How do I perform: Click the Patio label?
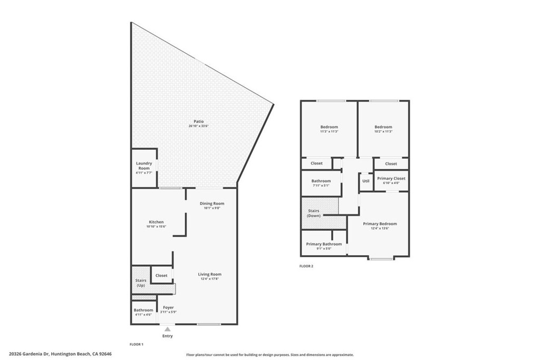[198, 121]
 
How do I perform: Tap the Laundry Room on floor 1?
[144, 166]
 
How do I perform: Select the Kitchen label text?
[156, 222]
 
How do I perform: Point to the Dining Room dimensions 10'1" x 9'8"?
[211, 208]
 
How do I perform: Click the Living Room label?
[209, 274]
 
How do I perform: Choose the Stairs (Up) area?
[141, 283]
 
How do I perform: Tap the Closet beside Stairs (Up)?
[161, 276]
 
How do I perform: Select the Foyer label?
[168, 307]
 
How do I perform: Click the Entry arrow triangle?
[167, 329]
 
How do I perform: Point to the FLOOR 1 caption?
[137, 344]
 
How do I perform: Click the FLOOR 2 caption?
[306, 266]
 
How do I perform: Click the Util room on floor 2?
[365, 181]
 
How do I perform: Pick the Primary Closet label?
[391, 179]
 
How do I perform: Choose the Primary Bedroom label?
[380, 223]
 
